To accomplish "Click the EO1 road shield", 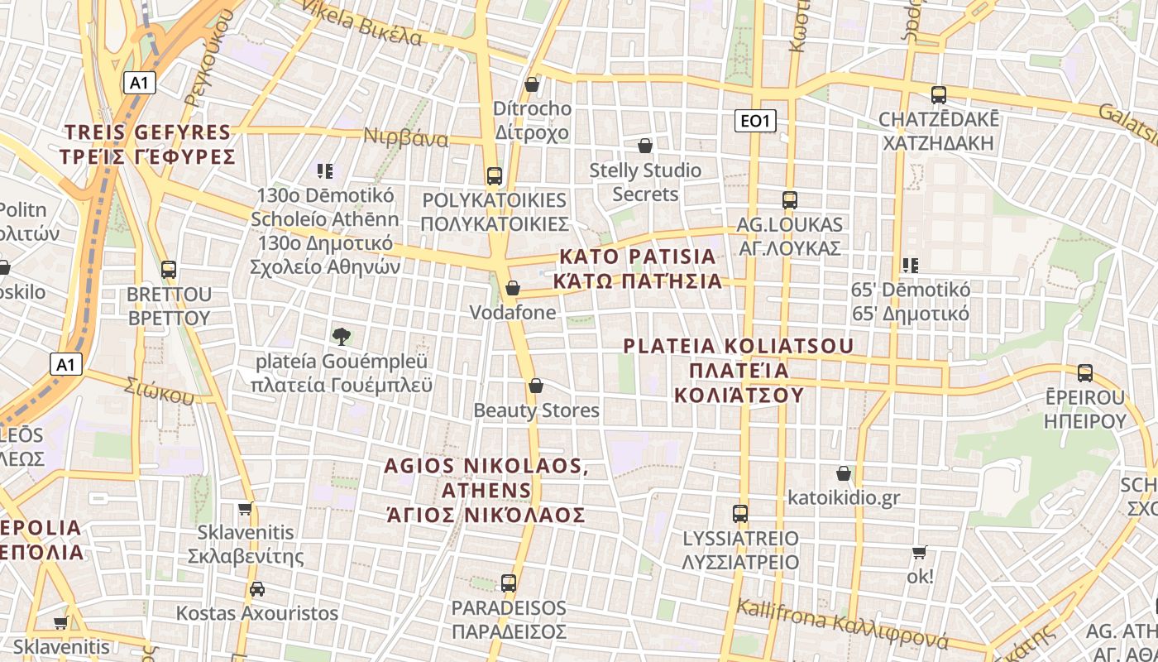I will (755, 122).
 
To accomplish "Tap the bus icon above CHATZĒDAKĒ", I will (938, 95).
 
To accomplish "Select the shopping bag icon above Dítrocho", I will (532, 84).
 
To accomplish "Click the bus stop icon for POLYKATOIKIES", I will (495, 175).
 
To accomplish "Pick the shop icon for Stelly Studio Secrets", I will (645, 146).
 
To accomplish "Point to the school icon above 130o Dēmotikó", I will (325, 171).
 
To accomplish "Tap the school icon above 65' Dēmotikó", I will (911, 266).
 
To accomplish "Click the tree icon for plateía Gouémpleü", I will (342, 336).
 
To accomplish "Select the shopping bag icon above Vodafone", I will (513, 288).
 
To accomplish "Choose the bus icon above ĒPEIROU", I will (1084, 373).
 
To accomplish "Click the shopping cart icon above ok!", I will (919, 552).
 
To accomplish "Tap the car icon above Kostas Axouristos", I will (257, 589).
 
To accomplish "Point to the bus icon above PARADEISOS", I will (509, 583).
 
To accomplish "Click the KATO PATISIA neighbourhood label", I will (637, 268).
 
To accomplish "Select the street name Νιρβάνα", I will (406, 137).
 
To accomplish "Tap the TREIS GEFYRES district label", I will (148, 144).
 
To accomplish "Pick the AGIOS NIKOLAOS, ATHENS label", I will (486, 490).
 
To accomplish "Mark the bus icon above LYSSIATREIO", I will (740, 514).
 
